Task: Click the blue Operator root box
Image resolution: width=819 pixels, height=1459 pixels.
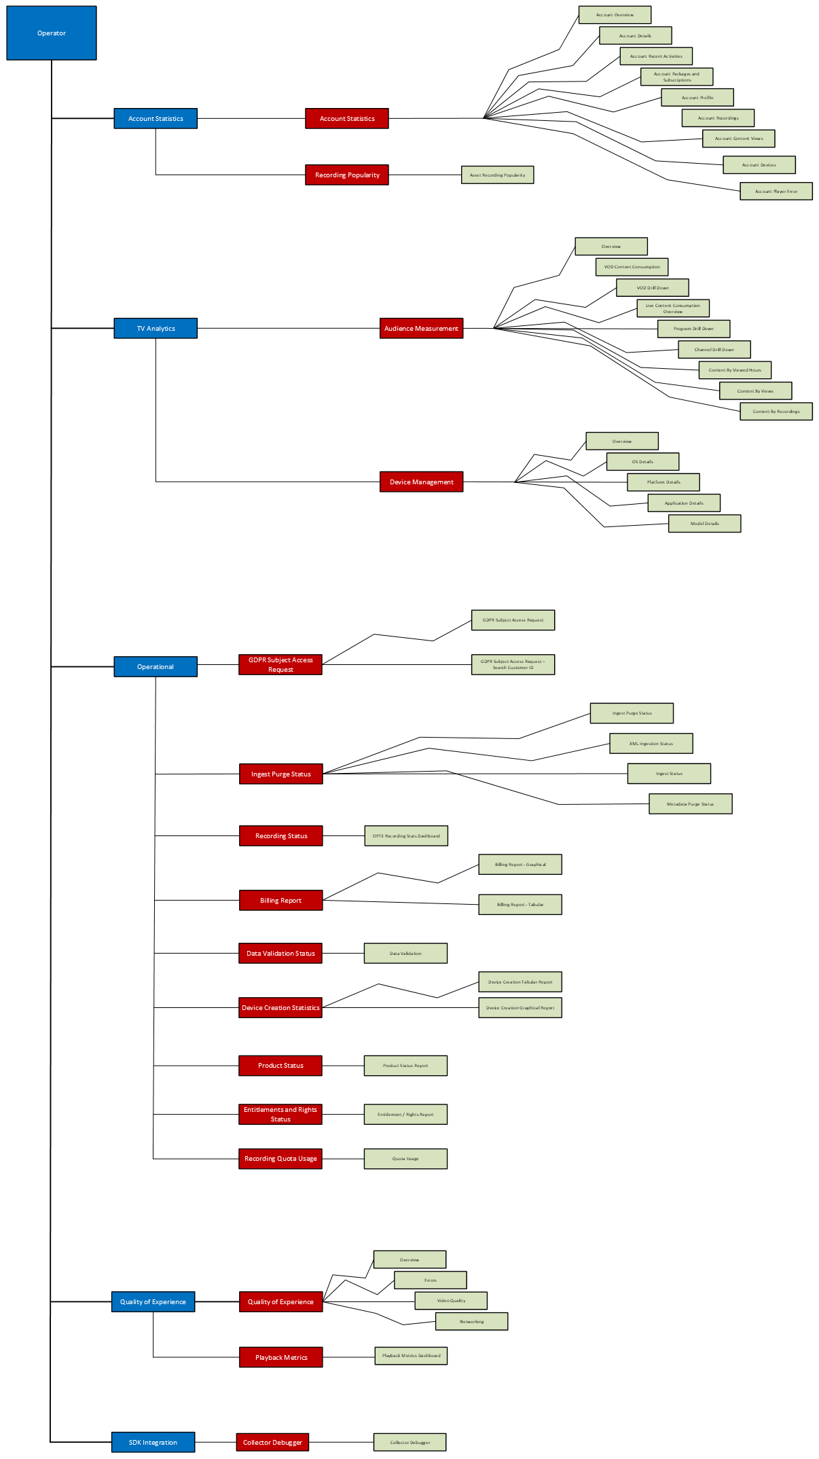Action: click(x=52, y=33)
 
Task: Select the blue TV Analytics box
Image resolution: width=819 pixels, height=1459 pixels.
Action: click(x=156, y=328)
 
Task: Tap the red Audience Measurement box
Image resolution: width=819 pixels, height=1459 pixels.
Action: click(x=421, y=328)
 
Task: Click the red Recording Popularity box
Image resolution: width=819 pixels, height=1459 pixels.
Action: click(x=347, y=175)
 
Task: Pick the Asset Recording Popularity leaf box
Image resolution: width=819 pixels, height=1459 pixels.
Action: click(x=497, y=175)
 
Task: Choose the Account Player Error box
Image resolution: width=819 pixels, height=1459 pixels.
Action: click(x=776, y=191)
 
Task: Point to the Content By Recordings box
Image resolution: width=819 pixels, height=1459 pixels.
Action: click(x=776, y=411)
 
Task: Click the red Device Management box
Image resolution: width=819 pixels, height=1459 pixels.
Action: click(x=421, y=482)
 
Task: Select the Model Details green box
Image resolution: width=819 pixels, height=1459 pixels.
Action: click(x=704, y=523)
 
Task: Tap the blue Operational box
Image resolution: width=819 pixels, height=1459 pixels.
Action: click(x=156, y=666)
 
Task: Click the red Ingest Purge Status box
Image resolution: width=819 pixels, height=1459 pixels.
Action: click(x=280, y=774)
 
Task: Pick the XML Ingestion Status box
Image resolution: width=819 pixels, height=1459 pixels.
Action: click(x=651, y=743)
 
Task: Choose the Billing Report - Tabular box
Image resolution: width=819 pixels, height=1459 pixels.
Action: click(x=520, y=904)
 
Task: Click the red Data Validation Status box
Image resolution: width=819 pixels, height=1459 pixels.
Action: click(x=280, y=953)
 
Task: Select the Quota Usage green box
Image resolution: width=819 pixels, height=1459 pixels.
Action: click(x=405, y=1158)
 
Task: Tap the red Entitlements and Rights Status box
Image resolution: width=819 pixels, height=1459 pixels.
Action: click(x=280, y=1114)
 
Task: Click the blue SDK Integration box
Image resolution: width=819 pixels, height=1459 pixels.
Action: click(x=153, y=1442)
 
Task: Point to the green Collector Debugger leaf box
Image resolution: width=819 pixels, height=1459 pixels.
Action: click(x=409, y=1442)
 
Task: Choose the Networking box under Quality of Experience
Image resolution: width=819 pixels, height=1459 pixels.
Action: click(x=471, y=1321)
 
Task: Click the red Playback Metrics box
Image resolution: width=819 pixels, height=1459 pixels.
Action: click(x=280, y=1357)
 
